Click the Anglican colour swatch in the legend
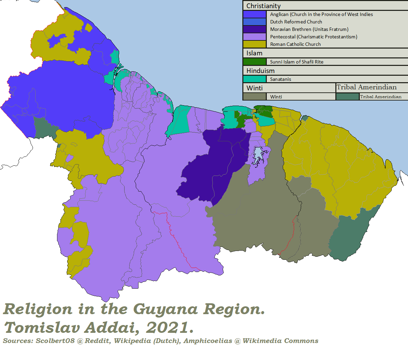[255, 14]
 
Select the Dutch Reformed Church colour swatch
[255, 22]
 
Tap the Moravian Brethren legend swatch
[255, 29]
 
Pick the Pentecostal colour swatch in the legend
[255, 37]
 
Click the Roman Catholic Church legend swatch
[255, 44]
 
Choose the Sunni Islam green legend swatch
[255, 62]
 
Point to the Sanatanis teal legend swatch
[255, 79]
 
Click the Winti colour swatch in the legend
[255, 97]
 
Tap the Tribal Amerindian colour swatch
[347, 97]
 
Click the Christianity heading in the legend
[263, 6]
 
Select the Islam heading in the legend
[254, 53]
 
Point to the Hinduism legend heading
[260, 71]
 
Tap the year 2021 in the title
[170, 328]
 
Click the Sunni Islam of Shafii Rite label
[297, 62]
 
